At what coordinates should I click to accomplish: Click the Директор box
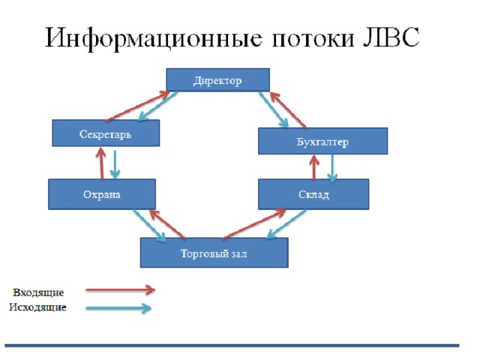pyautogui.click(x=217, y=80)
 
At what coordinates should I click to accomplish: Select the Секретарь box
pyautogui.click(x=106, y=133)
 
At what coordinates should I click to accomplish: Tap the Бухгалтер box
pyautogui.click(x=322, y=141)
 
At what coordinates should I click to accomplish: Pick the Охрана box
pyautogui.click(x=102, y=194)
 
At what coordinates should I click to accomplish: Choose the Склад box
pyautogui.click(x=313, y=194)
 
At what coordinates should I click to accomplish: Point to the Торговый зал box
pyautogui.click(x=214, y=253)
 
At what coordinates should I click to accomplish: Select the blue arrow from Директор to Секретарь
pyautogui.click(x=158, y=106)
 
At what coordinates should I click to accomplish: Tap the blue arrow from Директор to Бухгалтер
pyautogui.click(x=274, y=109)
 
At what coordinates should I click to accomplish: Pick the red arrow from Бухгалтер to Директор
pyautogui.click(x=288, y=109)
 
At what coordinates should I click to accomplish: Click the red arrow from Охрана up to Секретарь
pyautogui.click(x=101, y=163)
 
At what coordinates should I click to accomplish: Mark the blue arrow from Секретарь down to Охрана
pyautogui.click(x=115, y=164)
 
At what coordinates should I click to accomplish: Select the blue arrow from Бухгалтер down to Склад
pyautogui.click(x=332, y=168)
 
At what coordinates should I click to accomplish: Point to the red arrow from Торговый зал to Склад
pyautogui.click(x=254, y=223)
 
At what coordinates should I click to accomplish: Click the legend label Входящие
pyautogui.click(x=38, y=292)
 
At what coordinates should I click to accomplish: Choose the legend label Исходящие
pyautogui.click(x=37, y=307)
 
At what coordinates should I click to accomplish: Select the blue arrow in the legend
pyautogui.click(x=118, y=308)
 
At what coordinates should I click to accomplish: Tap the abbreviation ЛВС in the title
pyautogui.click(x=391, y=37)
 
